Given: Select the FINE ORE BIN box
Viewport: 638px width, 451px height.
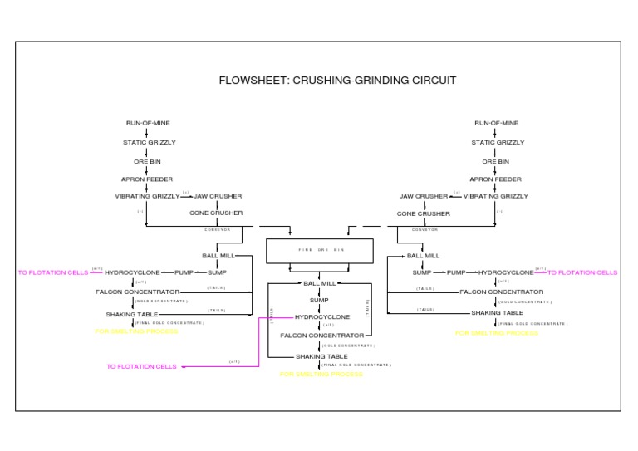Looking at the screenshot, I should click(320, 249).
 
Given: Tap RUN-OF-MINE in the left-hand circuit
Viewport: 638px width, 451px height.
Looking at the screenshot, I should click(148, 123).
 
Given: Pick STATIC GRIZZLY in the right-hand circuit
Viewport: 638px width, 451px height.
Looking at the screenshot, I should click(498, 142).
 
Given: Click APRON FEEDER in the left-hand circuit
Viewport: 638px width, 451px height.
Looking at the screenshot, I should click(147, 179).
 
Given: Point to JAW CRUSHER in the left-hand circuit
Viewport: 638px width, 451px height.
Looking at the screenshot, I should click(218, 196).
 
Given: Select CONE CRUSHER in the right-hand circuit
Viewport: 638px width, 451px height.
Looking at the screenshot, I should click(423, 213).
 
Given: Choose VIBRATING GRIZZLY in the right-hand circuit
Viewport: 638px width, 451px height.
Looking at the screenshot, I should click(495, 196).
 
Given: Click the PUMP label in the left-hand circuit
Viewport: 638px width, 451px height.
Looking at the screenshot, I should click(184, 272).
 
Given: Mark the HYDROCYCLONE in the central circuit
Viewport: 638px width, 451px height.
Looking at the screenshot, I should click(322, 316).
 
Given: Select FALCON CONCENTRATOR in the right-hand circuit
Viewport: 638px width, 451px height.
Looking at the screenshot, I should click(502, 292).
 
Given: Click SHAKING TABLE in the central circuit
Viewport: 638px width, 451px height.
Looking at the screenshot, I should click(321, 356).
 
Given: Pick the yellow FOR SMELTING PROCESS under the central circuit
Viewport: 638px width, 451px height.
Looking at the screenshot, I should click(321, 375).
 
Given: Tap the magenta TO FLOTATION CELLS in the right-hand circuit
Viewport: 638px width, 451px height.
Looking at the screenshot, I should click(582, 272).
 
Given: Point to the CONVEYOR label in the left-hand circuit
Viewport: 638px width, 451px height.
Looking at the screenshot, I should click(217, 229).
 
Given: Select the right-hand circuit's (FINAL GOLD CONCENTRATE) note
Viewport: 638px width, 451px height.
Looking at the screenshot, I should click(533, 324).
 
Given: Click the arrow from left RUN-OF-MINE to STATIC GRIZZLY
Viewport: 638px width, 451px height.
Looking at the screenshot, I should click(148, 133).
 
